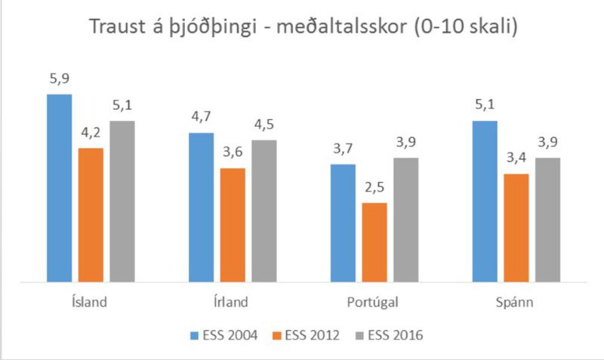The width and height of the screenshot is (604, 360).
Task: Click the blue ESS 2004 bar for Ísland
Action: pyautogui.click(x=60, y=189)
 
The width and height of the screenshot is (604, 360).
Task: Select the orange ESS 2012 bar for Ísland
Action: pyautogui.click(x=91, y=215)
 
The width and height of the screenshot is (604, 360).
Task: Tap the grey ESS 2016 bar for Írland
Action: pyautogui.click(x=264, y=211)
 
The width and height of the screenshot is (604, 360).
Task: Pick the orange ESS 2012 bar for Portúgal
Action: pyautogui.click(x=374, y=242)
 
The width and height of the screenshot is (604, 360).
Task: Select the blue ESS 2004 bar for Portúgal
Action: pyautogui.click(x=344, y=223)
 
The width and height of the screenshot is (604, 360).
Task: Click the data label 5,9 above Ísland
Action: pyautogui.click(x=60, y=79)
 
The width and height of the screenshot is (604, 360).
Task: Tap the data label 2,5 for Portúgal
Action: pyautogui.click(x=374, y=188)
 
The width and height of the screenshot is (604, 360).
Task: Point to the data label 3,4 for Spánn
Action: pyautogui.click(x=516, y=159)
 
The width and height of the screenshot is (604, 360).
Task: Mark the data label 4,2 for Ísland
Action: pyautogui.click(x=91, y=134)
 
